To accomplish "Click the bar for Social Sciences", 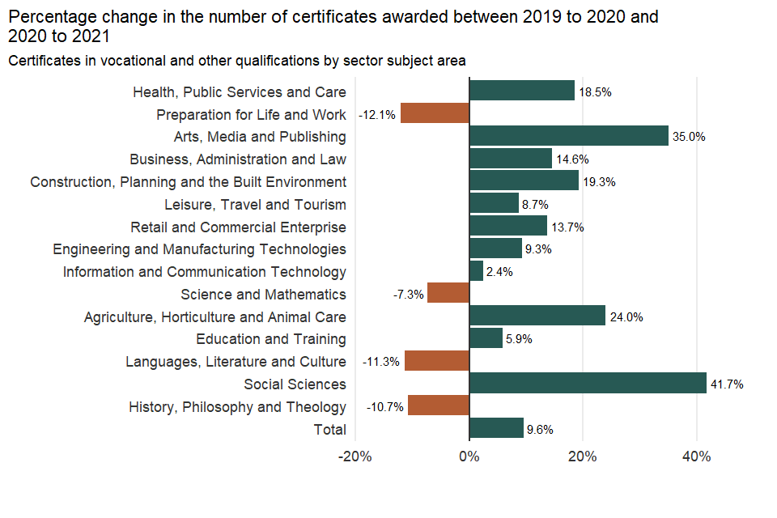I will point(588,384).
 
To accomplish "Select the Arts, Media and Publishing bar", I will point(568,136).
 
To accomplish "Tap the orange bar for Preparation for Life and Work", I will point(435,114).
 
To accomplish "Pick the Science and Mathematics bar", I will point(448,294).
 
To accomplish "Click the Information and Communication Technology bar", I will point(476,271).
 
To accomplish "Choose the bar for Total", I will point(496,429).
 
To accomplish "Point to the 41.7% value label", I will point(728,384).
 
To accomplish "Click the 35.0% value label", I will point(689,137).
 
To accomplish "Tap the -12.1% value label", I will point(377,115).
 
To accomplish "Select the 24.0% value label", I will point(626,317).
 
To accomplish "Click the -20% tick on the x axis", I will point(355,456).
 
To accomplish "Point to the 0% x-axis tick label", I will point(469,456).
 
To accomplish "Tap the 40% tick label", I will point(696,456).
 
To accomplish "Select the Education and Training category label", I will point(271,339).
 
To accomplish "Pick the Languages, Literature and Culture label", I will point(236,362).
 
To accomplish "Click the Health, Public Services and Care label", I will point(240,92).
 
